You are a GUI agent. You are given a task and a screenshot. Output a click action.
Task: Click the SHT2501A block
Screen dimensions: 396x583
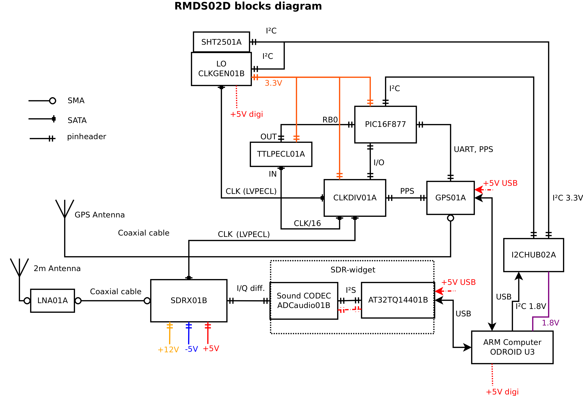(221, 42)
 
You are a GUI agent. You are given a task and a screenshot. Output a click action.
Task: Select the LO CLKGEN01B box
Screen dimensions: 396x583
(221, 69)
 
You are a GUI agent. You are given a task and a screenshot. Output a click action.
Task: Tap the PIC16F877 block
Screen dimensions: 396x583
(385, 124)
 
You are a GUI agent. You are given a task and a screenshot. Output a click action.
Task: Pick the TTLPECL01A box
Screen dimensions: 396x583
(281, 154)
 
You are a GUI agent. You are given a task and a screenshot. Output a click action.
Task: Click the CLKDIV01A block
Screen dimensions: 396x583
(355, 198)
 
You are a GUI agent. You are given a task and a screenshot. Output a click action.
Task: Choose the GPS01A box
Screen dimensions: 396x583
(450, 198)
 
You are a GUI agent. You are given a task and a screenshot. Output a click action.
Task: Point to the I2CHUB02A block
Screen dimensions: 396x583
(534, 255)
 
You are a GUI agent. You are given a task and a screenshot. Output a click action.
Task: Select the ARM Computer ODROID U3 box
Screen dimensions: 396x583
(512, 347)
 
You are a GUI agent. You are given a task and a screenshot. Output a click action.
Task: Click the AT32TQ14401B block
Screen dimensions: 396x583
(398, 300)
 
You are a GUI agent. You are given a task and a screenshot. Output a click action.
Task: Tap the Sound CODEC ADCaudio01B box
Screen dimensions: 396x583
(304, 300)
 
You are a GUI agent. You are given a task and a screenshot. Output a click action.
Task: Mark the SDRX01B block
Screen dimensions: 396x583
(189, 300)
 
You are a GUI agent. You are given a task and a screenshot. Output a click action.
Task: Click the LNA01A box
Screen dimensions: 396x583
(52, 300)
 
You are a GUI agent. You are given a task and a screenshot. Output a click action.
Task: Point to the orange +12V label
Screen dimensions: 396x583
(168, 349)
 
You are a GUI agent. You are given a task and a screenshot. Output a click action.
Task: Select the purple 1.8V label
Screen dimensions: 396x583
(550, 323)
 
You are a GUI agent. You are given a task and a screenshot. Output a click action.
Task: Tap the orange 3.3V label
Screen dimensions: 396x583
(273, 83)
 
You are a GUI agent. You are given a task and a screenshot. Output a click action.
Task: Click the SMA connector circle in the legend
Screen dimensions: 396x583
(52, 101)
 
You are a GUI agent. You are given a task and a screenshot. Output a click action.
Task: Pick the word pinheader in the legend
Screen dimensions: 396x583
(86, 137)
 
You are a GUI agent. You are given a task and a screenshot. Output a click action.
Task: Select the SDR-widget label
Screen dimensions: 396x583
(353, 270)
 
